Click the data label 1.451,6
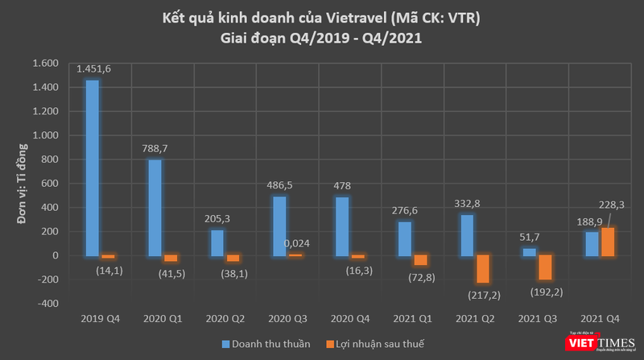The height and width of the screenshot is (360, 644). click(x=93, y=69)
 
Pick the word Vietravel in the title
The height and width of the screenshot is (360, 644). click(x=365, y=19)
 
